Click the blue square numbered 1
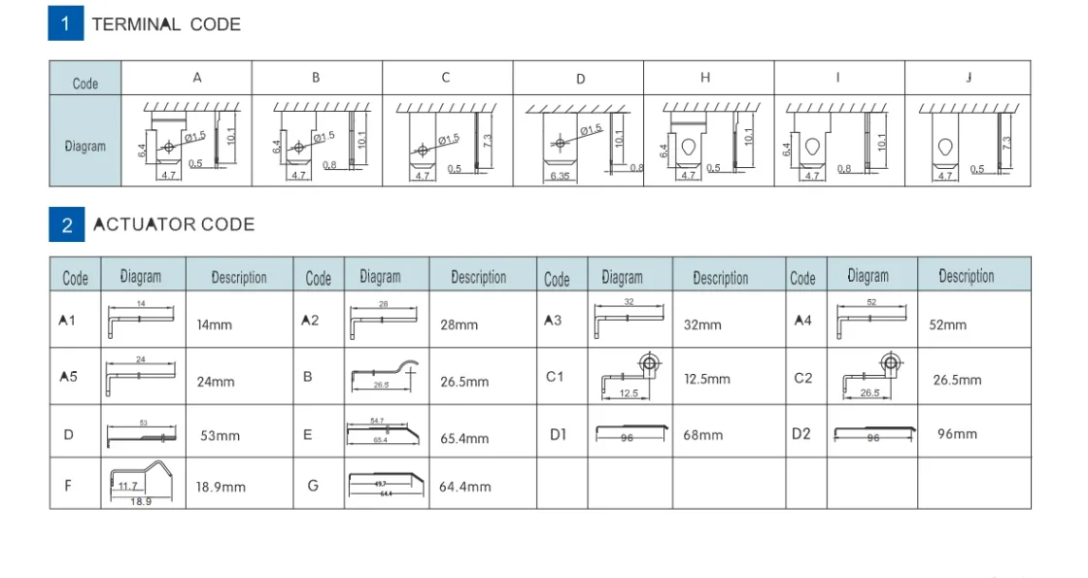pos(66,23)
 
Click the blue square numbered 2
pos(66,224)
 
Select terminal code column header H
pos(705,78)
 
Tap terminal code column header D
pos(581,79)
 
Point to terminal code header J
pos(969,78)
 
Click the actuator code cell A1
pos(67,321)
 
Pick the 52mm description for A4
pos(948,324)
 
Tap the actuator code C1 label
pos(555,377)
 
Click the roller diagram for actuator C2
pos(872,377)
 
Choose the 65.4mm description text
pos(464,438)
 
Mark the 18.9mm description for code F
pos(221,487)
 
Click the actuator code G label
pos(313,485)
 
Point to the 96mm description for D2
pos(957,433)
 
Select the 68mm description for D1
pos(702,435)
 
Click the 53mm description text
pos(220,435)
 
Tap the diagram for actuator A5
pos(142,376)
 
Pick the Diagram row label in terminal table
pos(85,147)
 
